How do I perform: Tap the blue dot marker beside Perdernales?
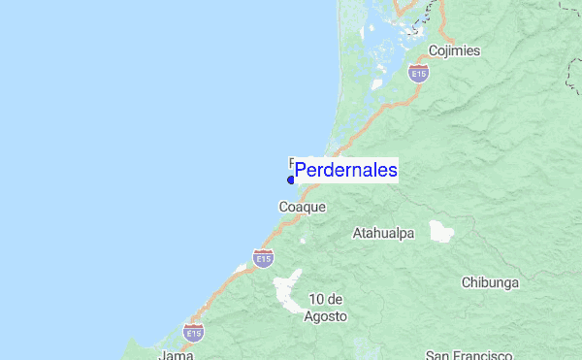pos(291,180)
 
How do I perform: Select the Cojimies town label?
pos(454,51)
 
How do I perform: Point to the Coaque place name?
pos(303,207)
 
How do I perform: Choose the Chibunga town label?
pos(490,283)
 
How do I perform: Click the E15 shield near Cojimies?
pos(418,74)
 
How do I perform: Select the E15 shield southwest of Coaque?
pos(263,257)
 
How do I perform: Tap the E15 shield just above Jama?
pos(194,333)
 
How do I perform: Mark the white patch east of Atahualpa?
pos(441,231)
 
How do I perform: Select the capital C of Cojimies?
pos(433,51)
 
